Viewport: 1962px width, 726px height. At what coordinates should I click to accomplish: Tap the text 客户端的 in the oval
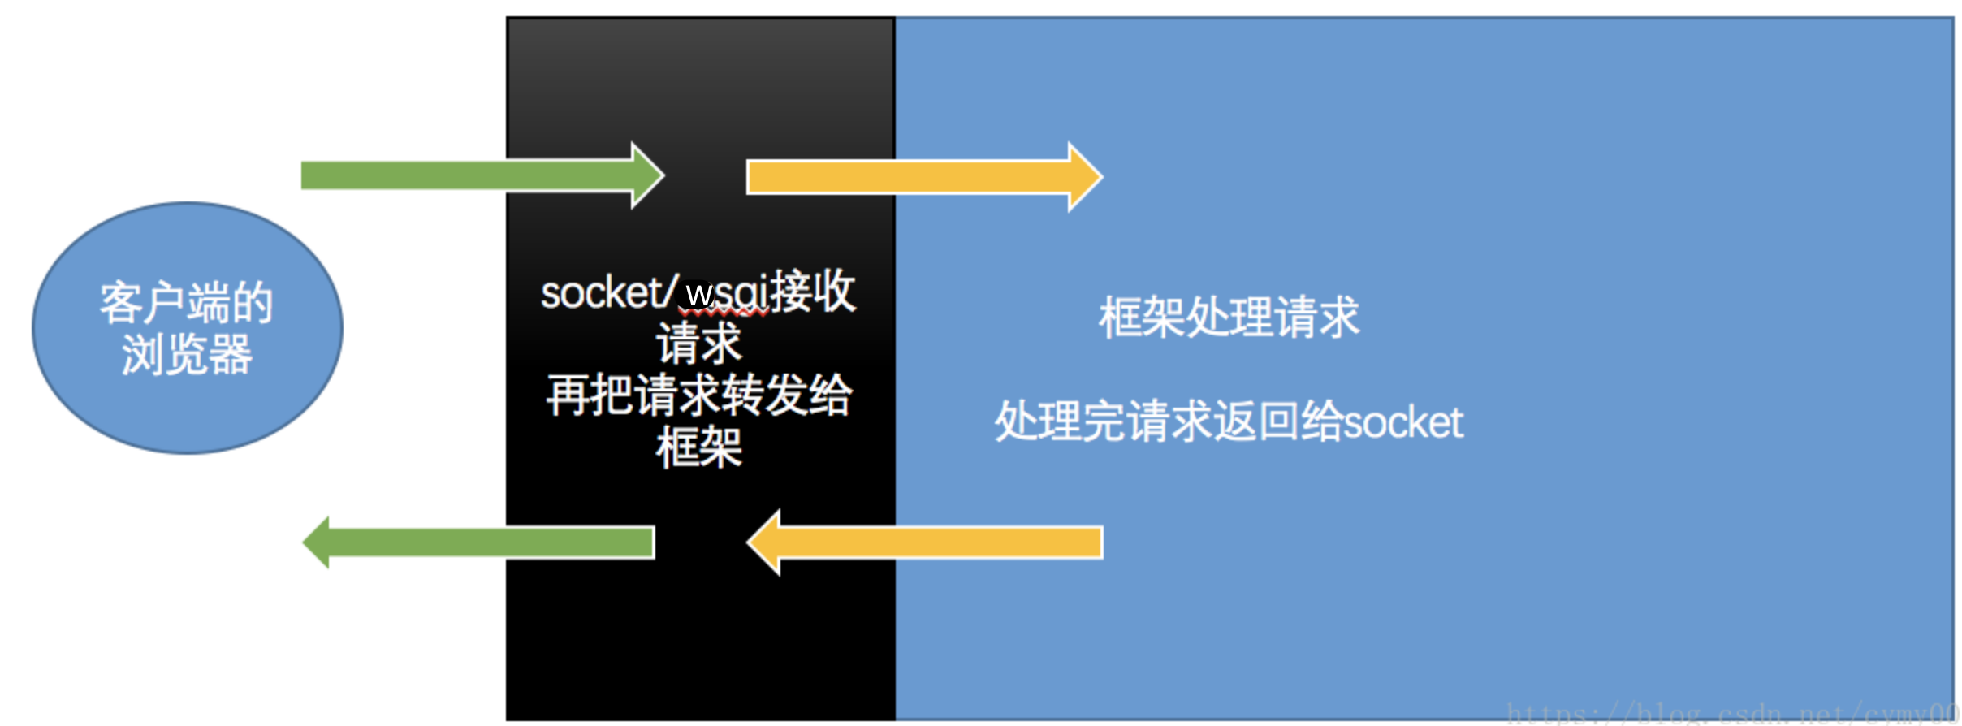coord(187,302)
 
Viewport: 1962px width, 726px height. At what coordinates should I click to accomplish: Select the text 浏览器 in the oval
coord(187,355)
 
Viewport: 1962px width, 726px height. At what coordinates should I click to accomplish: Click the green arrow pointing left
coord(487,542)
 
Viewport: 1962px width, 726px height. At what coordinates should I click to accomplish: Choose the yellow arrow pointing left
coord(934,542)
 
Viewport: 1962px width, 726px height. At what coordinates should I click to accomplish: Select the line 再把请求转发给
coord(699,395)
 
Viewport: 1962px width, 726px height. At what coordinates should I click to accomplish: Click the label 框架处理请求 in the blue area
coord(1229,317)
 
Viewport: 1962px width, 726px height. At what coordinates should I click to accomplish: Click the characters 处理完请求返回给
coord(1169,422)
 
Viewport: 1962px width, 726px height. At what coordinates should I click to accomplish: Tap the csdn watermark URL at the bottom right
coord(1733,712)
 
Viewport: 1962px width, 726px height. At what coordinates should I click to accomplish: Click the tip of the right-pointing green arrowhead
coord(663,175)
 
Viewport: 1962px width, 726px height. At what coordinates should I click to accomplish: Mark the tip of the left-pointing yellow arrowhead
coord(749,542)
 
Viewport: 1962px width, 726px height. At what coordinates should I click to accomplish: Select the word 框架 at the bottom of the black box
coord(699,447)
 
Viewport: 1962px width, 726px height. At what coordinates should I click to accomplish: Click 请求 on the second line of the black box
coord(699,344)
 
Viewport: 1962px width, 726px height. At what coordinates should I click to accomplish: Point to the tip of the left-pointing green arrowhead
coord(305,542)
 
